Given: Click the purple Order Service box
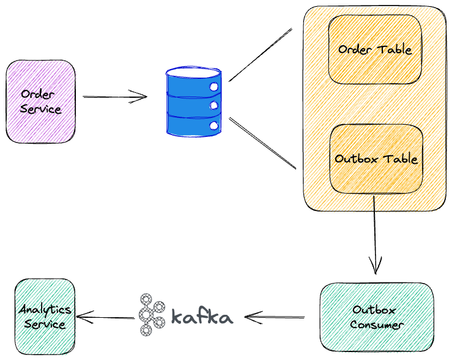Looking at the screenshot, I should pyautogui.click(x=40, y=101).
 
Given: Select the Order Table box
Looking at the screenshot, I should pyautogui.click(x=374, y=50).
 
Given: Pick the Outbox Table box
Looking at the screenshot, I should pyautogui.click(x=376, y=158).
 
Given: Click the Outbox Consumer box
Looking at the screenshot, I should pyautogui.click(x=376, y=317).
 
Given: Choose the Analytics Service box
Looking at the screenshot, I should pyautogui.click(x=45, y=317).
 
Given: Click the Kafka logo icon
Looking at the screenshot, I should pyautogui.click(x=150, y=315).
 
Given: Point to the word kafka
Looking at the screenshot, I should pyautogui.click(x=202, y=317).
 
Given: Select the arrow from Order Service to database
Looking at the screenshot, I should pyautogui.click(x=115, y=97).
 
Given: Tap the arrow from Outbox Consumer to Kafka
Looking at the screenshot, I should pyautogui.click(x=275, y=317).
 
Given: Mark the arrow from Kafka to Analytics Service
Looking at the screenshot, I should pyautogui.click(x=106, y=317).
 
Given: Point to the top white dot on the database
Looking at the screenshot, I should pyautogui.click(x=214, y=87).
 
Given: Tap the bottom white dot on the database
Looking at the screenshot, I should pyautogui.click(x=213, y=125).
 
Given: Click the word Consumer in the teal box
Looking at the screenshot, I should pyautogui.click(x=376, y=325).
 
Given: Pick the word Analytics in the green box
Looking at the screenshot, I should pyautogui.click(x=45, y=309).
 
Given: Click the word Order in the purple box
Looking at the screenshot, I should pyautogui.click(x=40, y=94).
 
